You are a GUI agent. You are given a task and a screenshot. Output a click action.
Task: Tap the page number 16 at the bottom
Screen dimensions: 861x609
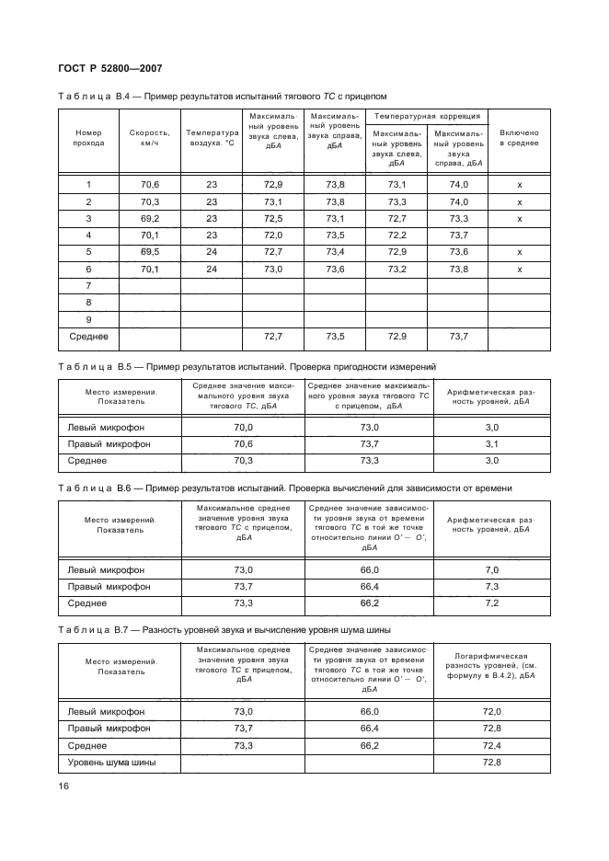click(63, 786)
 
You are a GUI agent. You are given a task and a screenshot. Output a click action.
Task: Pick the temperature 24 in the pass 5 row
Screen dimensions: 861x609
click(212, 252)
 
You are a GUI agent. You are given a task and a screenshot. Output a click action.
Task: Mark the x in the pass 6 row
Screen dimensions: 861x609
click(519, 270)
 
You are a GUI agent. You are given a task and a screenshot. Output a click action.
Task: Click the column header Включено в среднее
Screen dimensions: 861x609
click(519, 138)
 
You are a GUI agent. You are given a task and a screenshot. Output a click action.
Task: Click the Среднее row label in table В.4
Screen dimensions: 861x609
click(89, 338)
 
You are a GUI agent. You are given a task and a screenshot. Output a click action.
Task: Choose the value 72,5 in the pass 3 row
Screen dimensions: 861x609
click(272, 219)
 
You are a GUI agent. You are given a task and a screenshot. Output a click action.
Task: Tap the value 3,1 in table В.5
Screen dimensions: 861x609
click(491, 444)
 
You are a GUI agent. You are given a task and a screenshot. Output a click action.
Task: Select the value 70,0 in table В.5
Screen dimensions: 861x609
click(244, 428)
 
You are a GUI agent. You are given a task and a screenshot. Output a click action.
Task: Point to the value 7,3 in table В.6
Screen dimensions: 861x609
click(491, 587)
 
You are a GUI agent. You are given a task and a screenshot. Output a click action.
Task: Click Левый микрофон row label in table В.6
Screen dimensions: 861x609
click(107, 570)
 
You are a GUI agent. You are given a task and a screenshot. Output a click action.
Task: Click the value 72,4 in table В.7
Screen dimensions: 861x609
click(491, 746)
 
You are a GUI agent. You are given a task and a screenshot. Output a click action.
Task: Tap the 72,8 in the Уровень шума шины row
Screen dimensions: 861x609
click(491, 763)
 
